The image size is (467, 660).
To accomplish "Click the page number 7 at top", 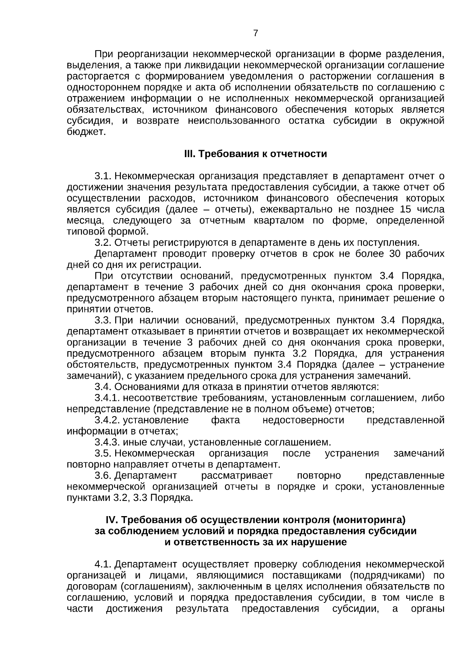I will [255, 33].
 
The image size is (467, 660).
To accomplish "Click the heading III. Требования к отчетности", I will [255, 154].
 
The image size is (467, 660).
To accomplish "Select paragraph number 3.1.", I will [103, 176].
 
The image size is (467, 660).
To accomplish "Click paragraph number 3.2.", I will [103, 243].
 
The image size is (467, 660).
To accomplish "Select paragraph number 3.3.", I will [103, 320].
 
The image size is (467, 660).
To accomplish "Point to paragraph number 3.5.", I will [103, 453].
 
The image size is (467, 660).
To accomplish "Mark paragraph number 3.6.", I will [103, 476].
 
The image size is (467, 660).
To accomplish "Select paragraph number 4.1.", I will [103, 564].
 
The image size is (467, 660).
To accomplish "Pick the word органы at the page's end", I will [428, 609].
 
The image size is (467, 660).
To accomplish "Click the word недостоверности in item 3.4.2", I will [303, 420].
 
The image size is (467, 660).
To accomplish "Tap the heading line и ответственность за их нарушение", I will [255, 542].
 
